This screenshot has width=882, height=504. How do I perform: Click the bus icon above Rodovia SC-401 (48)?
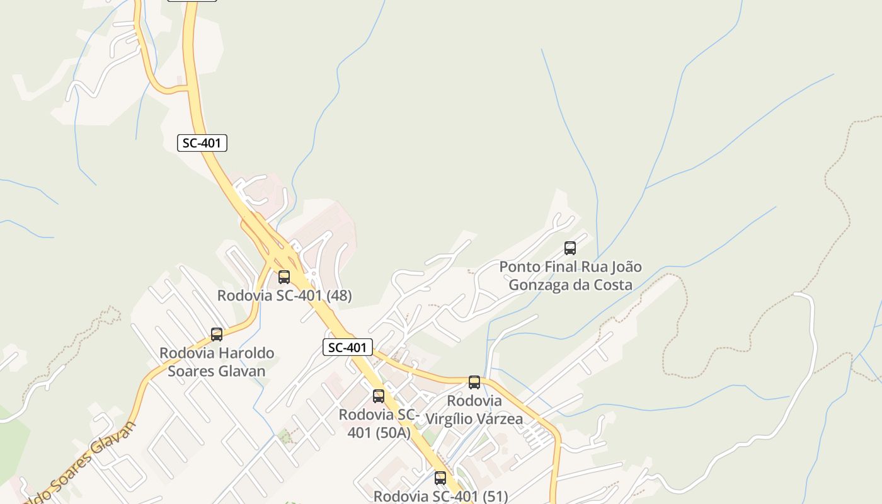(284, 277)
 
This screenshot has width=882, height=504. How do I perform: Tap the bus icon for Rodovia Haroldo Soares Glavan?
(217, 335)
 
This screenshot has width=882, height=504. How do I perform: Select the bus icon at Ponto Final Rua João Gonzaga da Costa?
(570, 248)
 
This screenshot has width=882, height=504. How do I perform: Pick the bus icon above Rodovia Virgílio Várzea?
(474, 382)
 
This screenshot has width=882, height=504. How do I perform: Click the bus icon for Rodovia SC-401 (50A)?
(379, 396)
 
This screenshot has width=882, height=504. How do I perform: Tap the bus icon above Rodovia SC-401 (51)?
(440, 478)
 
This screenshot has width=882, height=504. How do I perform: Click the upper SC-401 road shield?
(202, 143)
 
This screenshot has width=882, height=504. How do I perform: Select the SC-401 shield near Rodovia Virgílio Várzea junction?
(348, 347)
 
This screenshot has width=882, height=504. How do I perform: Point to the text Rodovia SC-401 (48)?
(284, 295)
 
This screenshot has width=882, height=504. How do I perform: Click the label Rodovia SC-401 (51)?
(440, 496)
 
